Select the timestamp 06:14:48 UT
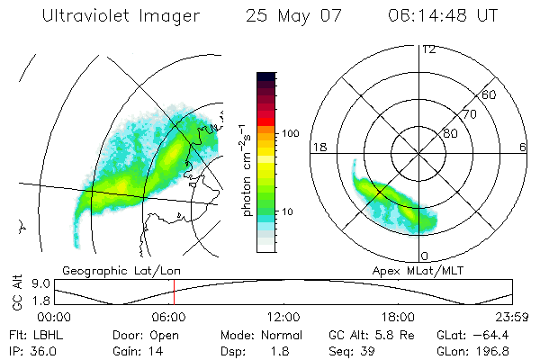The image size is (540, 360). tap(446, 16)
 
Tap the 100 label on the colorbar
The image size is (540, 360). tap(290, 133)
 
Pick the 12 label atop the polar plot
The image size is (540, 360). tap(428, 49)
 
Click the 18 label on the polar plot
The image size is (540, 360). tap(318, 148)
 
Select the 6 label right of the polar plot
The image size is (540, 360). tap(523, 148)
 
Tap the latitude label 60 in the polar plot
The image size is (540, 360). tap(490, 94)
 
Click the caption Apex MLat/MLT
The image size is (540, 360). tap(410, 270)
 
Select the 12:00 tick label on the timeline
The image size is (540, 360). tap(283, 318)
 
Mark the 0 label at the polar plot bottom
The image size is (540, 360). tap(425, 256)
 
